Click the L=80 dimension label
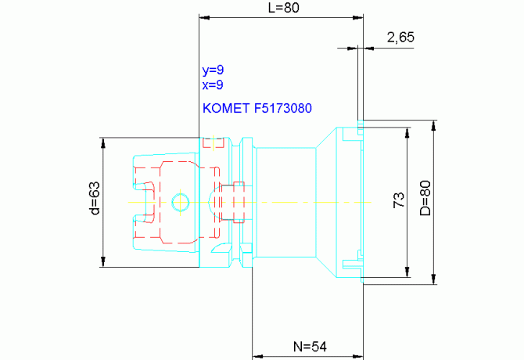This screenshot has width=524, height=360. point(284,7)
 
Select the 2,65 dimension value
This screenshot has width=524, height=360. point(400,37)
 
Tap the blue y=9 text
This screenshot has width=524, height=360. point(213,70)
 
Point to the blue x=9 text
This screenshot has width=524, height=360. point(213,85)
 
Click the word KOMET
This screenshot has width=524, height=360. point(226,108)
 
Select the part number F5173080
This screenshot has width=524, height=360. point(283,108)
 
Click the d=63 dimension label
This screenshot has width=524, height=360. point(95,198)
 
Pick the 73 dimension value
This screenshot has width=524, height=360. point(399,200)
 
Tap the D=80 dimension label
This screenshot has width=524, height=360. point(425,198)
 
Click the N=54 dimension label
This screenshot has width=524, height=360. point(310,347)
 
